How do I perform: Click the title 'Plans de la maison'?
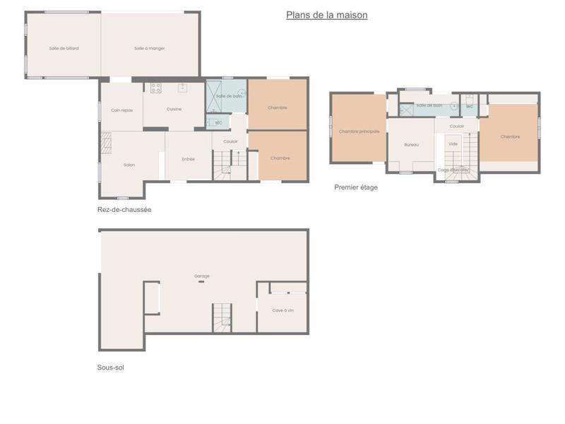[x=326, y=15]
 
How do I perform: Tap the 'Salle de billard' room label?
[x=64, y=48]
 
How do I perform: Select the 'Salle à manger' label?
[x=149, y=48]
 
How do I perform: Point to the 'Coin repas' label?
[x=121, y=110]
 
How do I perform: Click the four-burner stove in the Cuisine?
[x=155, y=88]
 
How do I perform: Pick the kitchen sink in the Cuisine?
[x=182, y=88]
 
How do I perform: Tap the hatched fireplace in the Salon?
[x=107, y=143]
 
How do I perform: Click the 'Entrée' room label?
[x=188, y=159]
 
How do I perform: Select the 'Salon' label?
[x=129, y=165]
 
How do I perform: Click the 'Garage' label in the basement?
[x=202, y=276]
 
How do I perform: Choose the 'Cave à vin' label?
[x=282, y=310]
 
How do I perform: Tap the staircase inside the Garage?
[x=222, y=317]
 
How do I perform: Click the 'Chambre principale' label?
[x=359, y=131]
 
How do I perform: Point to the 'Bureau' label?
[x=411, y=144]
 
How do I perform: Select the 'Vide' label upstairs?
[x=453, y=143]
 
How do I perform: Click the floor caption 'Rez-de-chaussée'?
[x=124, y=209]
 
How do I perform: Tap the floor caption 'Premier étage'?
[x=356, y=187]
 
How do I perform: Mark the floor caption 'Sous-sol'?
[x=111, y=367]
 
